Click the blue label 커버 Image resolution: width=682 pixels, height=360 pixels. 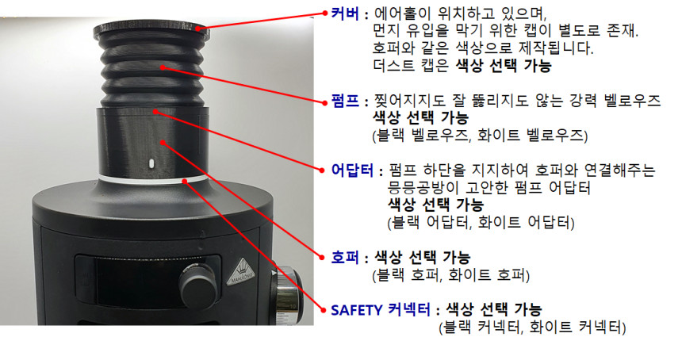click(x=345, y=14)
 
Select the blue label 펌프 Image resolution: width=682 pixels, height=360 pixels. click(x=345, y=101)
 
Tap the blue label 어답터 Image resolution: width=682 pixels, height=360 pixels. click(x=352, y=170)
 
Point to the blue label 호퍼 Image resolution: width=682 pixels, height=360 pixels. click(x=345, y=258)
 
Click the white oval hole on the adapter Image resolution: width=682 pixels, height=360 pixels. click(x=151, y=164)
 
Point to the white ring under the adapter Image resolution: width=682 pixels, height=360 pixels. click(x=151, y=178)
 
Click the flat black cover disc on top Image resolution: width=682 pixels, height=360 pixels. click(x=151, y=30)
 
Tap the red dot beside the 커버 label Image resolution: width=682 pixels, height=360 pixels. click(x=324, y=13)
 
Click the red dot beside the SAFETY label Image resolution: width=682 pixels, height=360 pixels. click(x=324, y=310)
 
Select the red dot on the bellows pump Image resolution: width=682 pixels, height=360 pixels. click(x=163, y=67)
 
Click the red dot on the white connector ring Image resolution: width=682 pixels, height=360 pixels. click(x=185, y=181)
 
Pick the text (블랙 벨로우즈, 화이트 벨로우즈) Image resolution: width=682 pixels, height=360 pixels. click(x=481, y=136)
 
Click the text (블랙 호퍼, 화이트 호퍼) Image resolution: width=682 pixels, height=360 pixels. click(x=451, y=275)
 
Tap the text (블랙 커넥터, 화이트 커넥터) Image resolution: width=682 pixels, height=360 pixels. click(x=532, y=327)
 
